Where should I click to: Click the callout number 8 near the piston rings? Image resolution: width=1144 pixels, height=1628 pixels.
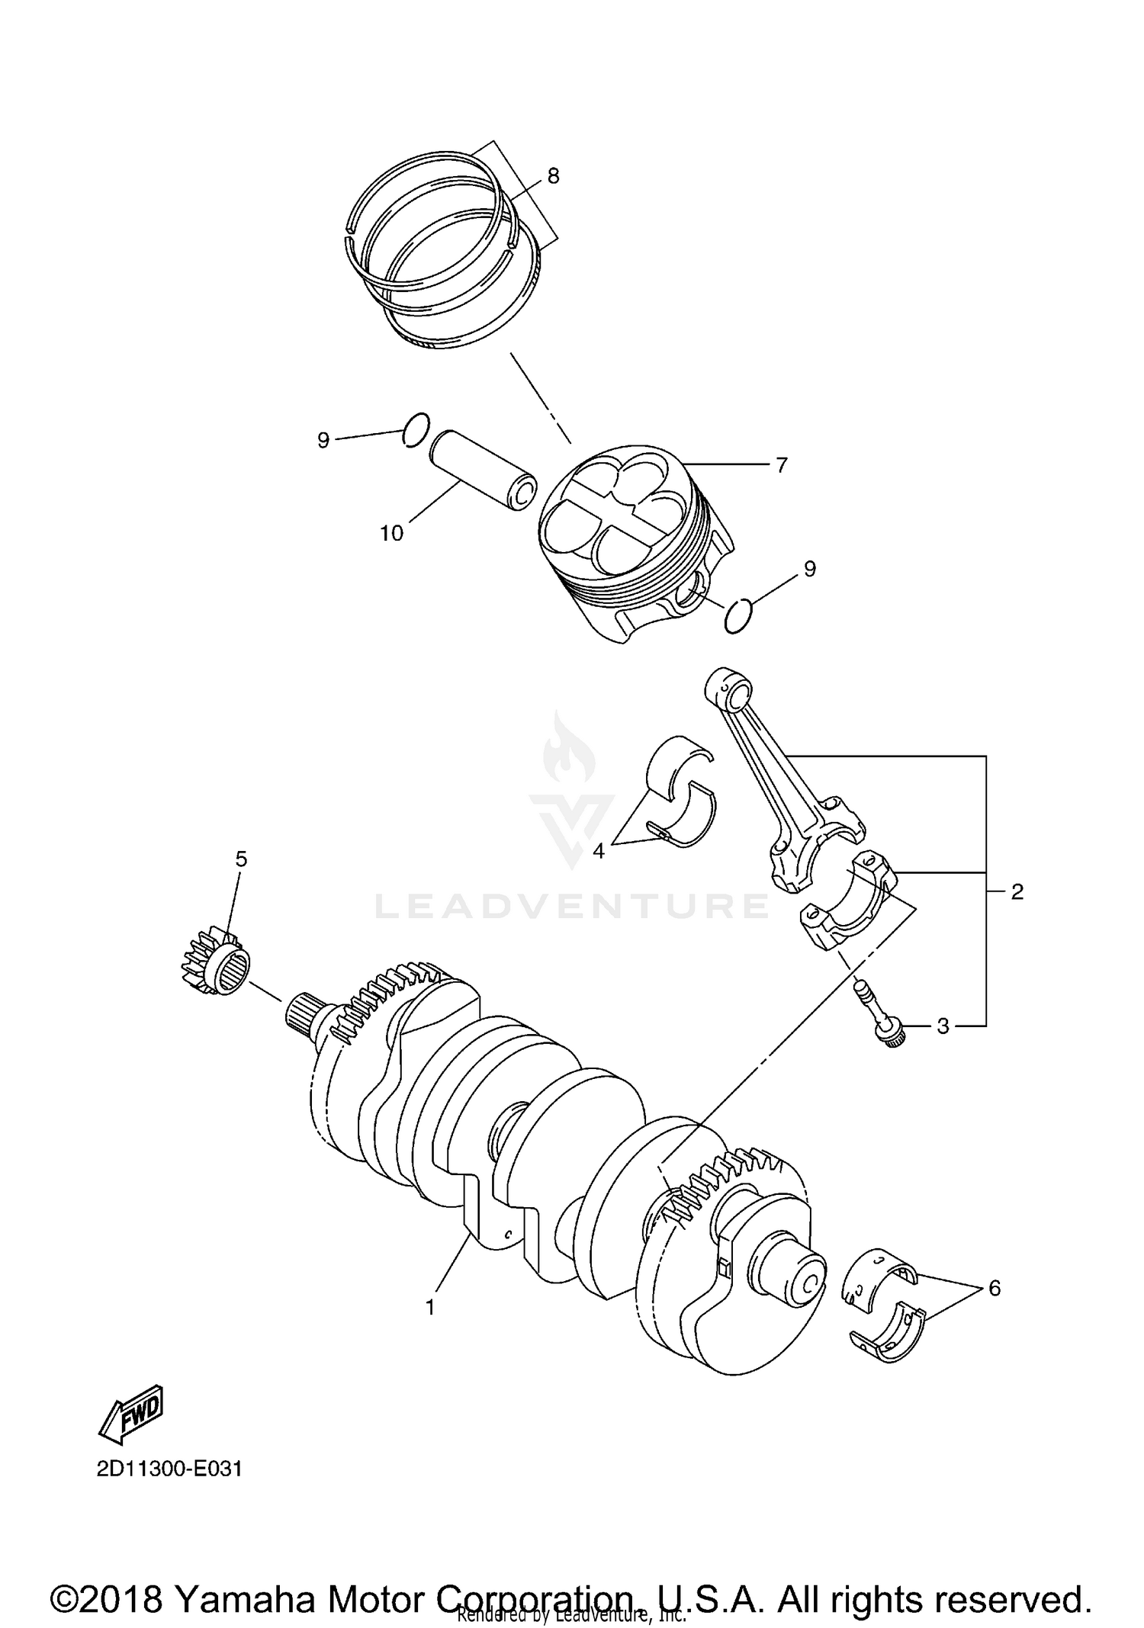point(553,176)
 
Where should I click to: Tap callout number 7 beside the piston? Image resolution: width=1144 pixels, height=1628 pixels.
point(781,464)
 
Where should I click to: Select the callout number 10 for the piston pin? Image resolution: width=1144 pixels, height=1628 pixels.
point(391,533)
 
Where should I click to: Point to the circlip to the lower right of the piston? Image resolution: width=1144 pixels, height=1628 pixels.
point(738,616)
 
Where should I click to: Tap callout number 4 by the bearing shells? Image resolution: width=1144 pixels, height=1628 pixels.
point(599,851)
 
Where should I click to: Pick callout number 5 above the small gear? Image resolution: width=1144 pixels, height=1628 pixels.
point(241,859)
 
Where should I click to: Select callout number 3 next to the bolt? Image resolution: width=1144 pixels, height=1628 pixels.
point(943,1026)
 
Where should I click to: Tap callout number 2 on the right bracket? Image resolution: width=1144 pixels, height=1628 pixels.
point(1017,891)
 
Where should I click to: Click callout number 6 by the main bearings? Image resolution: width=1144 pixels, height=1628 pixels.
point(994,1288)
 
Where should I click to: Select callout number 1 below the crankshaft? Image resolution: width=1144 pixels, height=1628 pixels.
point(430,1307)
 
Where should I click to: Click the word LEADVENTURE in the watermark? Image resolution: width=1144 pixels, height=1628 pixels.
point(572,906)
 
